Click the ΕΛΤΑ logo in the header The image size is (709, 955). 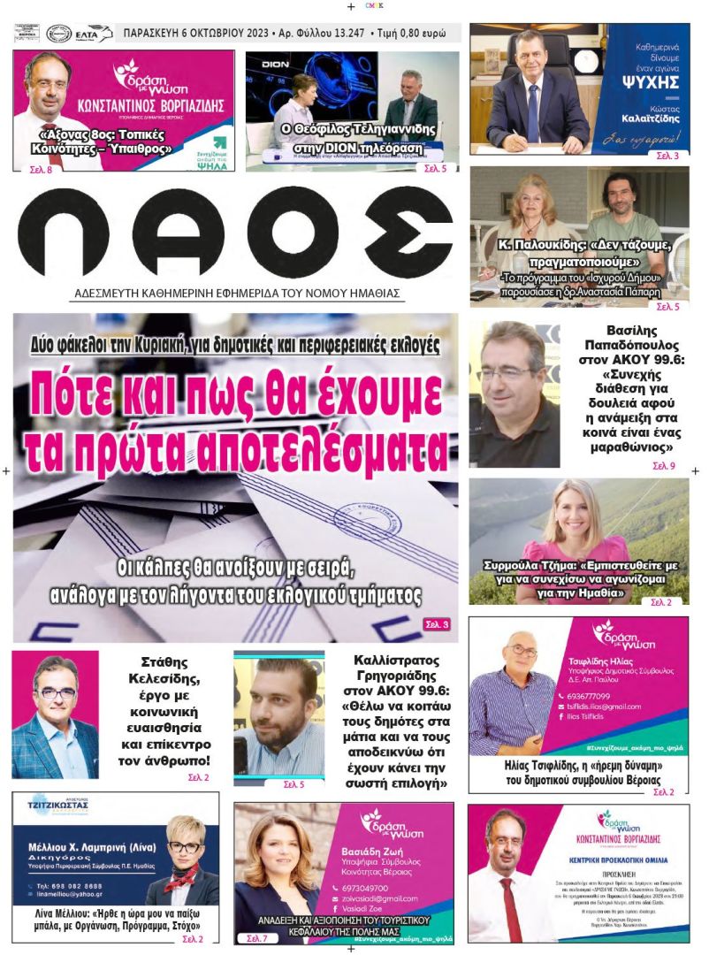[x=94, y=34]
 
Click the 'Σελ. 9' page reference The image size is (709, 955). [x=664, y=465]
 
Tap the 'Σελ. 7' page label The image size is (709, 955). [x=257, y=938]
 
